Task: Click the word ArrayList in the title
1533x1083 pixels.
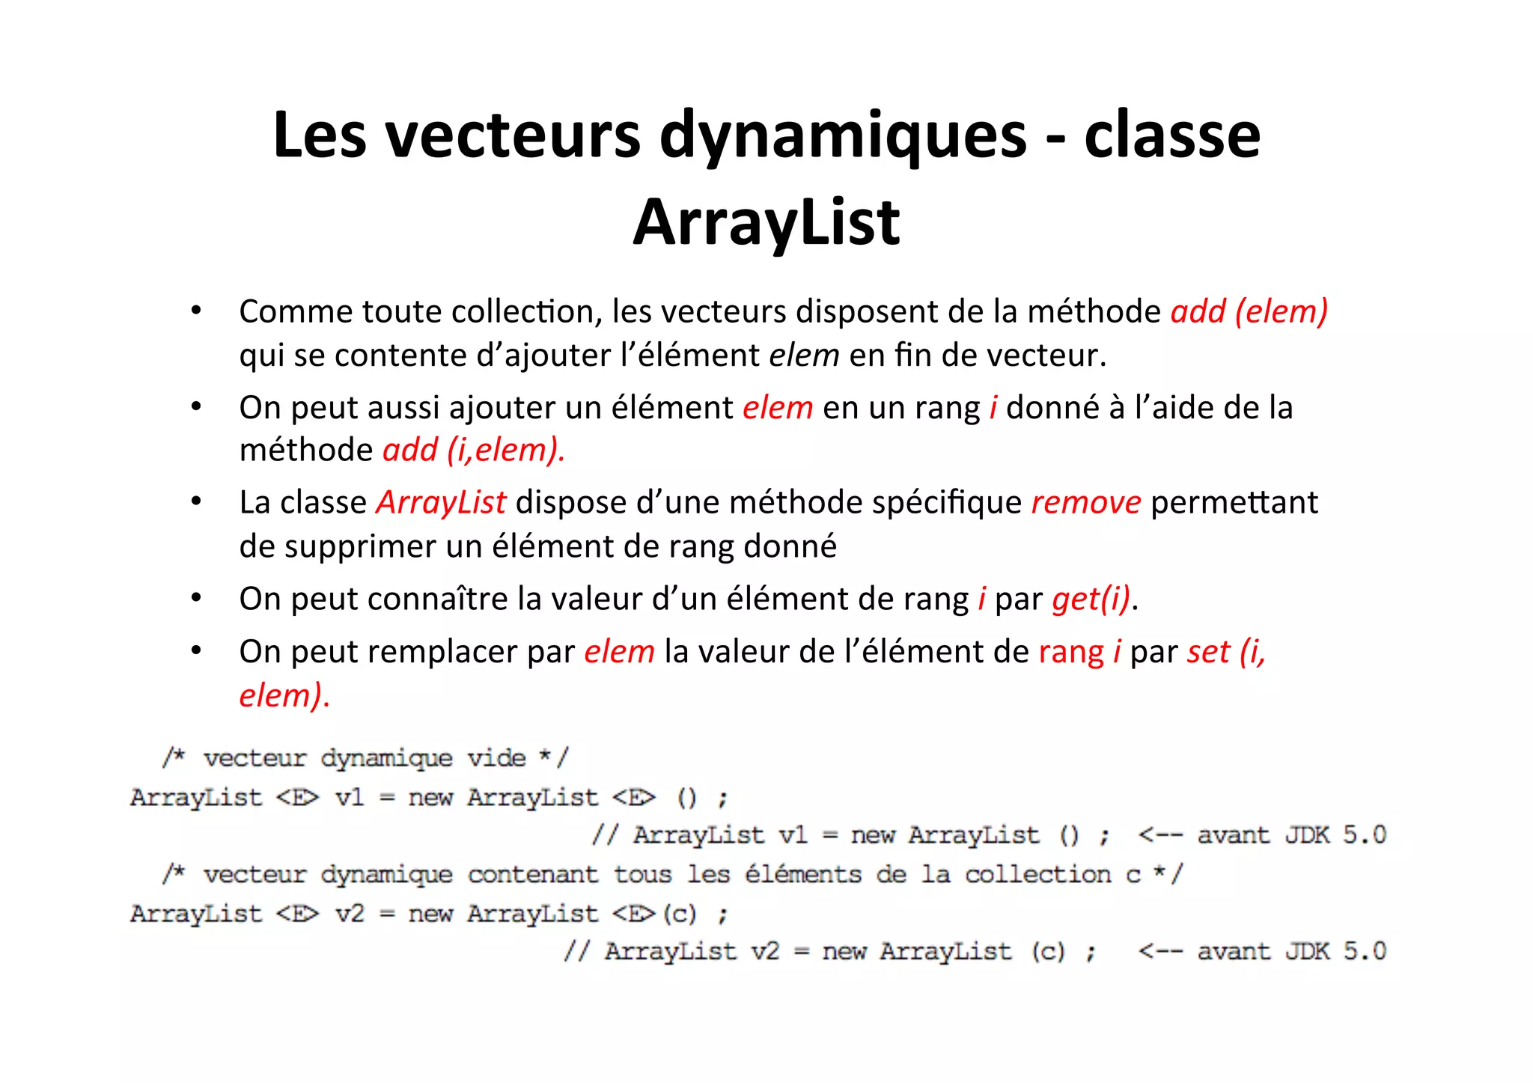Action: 766,222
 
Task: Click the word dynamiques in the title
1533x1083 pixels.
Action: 843,136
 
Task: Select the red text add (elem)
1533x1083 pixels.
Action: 1249,311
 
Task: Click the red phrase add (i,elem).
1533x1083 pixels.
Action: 473,450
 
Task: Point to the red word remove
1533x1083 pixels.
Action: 1085,502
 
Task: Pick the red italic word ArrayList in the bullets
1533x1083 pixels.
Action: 441,502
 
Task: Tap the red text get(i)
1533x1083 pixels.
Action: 1091,599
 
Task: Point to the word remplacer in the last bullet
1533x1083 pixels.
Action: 448,652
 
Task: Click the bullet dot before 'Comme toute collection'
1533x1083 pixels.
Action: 196,310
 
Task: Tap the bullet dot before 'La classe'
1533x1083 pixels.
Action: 196,501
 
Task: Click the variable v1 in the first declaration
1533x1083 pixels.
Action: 349,797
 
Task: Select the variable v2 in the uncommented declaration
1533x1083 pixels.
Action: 349,913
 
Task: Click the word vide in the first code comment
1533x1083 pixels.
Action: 496,758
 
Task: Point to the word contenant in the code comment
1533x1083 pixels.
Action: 533,874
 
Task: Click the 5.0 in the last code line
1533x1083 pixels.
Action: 1364,951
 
